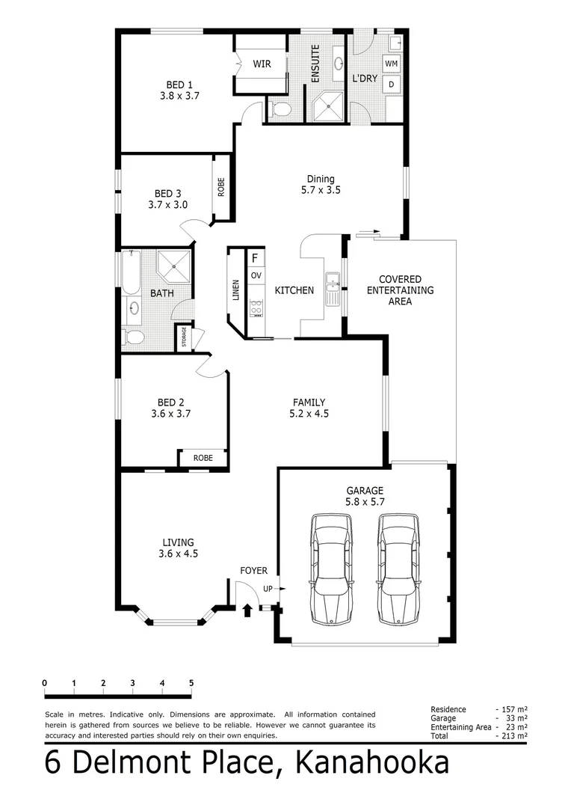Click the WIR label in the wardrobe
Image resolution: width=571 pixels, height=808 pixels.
tap(262, 64)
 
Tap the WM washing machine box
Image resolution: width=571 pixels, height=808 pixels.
tap(392, 64)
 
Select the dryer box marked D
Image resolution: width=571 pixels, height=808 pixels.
tap(392, 85)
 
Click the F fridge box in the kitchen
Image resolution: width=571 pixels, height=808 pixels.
tap(256, 258)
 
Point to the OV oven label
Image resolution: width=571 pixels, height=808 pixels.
tap(256, 276)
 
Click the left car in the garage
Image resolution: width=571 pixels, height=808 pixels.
tap(331, 569)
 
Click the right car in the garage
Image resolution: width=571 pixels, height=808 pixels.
tap(397, 569)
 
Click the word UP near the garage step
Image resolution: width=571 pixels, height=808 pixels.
tap(268, 590)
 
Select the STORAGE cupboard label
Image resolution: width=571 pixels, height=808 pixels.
tap(184, 338)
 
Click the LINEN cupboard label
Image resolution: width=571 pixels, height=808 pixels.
tap(236, 290)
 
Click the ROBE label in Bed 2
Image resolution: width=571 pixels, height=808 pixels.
tap(203, 458)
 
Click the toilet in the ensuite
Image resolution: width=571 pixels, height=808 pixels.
tap(282, 111)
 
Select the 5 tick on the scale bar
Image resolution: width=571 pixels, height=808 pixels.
tap(191, 683)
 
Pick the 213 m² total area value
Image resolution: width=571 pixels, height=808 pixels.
tap(514, 736)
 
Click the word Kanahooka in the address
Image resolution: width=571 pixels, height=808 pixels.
tap(373, 763)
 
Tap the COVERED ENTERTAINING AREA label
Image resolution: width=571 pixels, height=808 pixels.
tap(400, 290)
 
